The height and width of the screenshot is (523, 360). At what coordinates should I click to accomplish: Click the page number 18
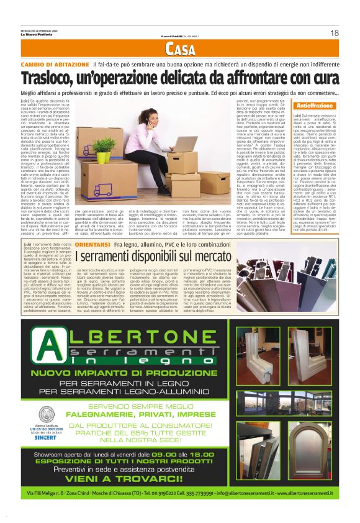[x=334, y=33]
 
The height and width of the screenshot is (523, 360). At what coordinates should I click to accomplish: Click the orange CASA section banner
[x=179, y=50]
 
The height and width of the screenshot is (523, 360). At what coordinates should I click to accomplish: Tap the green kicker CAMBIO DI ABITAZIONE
[x=54, y=65]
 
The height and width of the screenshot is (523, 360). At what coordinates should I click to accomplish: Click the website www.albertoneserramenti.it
[x=304, y=510]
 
